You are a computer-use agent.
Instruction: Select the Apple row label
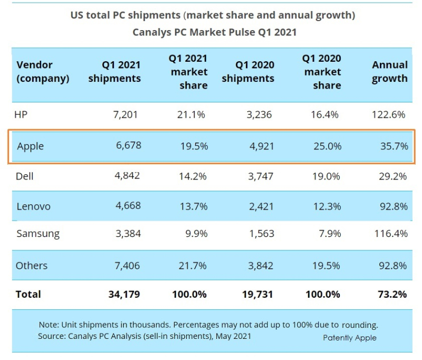(30, 146)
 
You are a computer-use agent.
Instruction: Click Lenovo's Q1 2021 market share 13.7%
(192, 206)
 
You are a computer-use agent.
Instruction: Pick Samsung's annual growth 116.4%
(390, 233)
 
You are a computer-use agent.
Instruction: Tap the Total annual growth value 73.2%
(392, 295)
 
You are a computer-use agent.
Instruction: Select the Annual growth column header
(390, 72)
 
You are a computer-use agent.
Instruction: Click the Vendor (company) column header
(43, 72)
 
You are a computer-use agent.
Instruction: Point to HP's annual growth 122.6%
(390, 115)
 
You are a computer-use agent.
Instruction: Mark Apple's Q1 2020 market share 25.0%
(325, 146)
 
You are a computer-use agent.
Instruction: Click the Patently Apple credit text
(350, 338)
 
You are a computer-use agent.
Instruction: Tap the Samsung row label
(38, 233)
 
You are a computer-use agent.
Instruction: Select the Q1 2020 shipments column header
(248, 72)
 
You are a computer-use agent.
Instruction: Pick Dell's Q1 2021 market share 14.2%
(192, 176)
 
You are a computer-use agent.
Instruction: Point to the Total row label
(28, 295)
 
